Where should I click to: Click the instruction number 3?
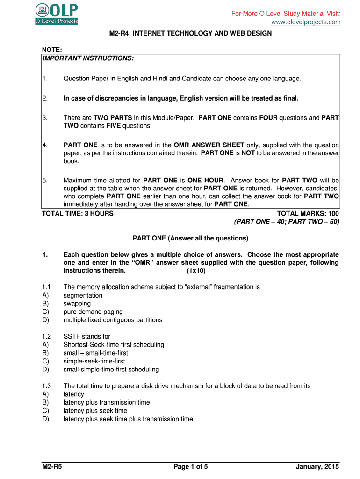coord(44,118)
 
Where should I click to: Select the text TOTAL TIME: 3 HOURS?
coord(78,213)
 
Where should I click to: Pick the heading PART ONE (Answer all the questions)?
coord(190,238)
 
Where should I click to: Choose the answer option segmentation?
coord(83,295)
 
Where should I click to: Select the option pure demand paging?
coord(93,312)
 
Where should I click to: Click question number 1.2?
coord(46,336)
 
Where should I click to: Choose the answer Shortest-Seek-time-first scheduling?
coord(114,345)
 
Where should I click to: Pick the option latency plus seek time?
coord(95,411)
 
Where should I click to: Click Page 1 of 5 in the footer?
coord(190,467)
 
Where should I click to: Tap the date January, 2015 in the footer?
coord(317,467)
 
